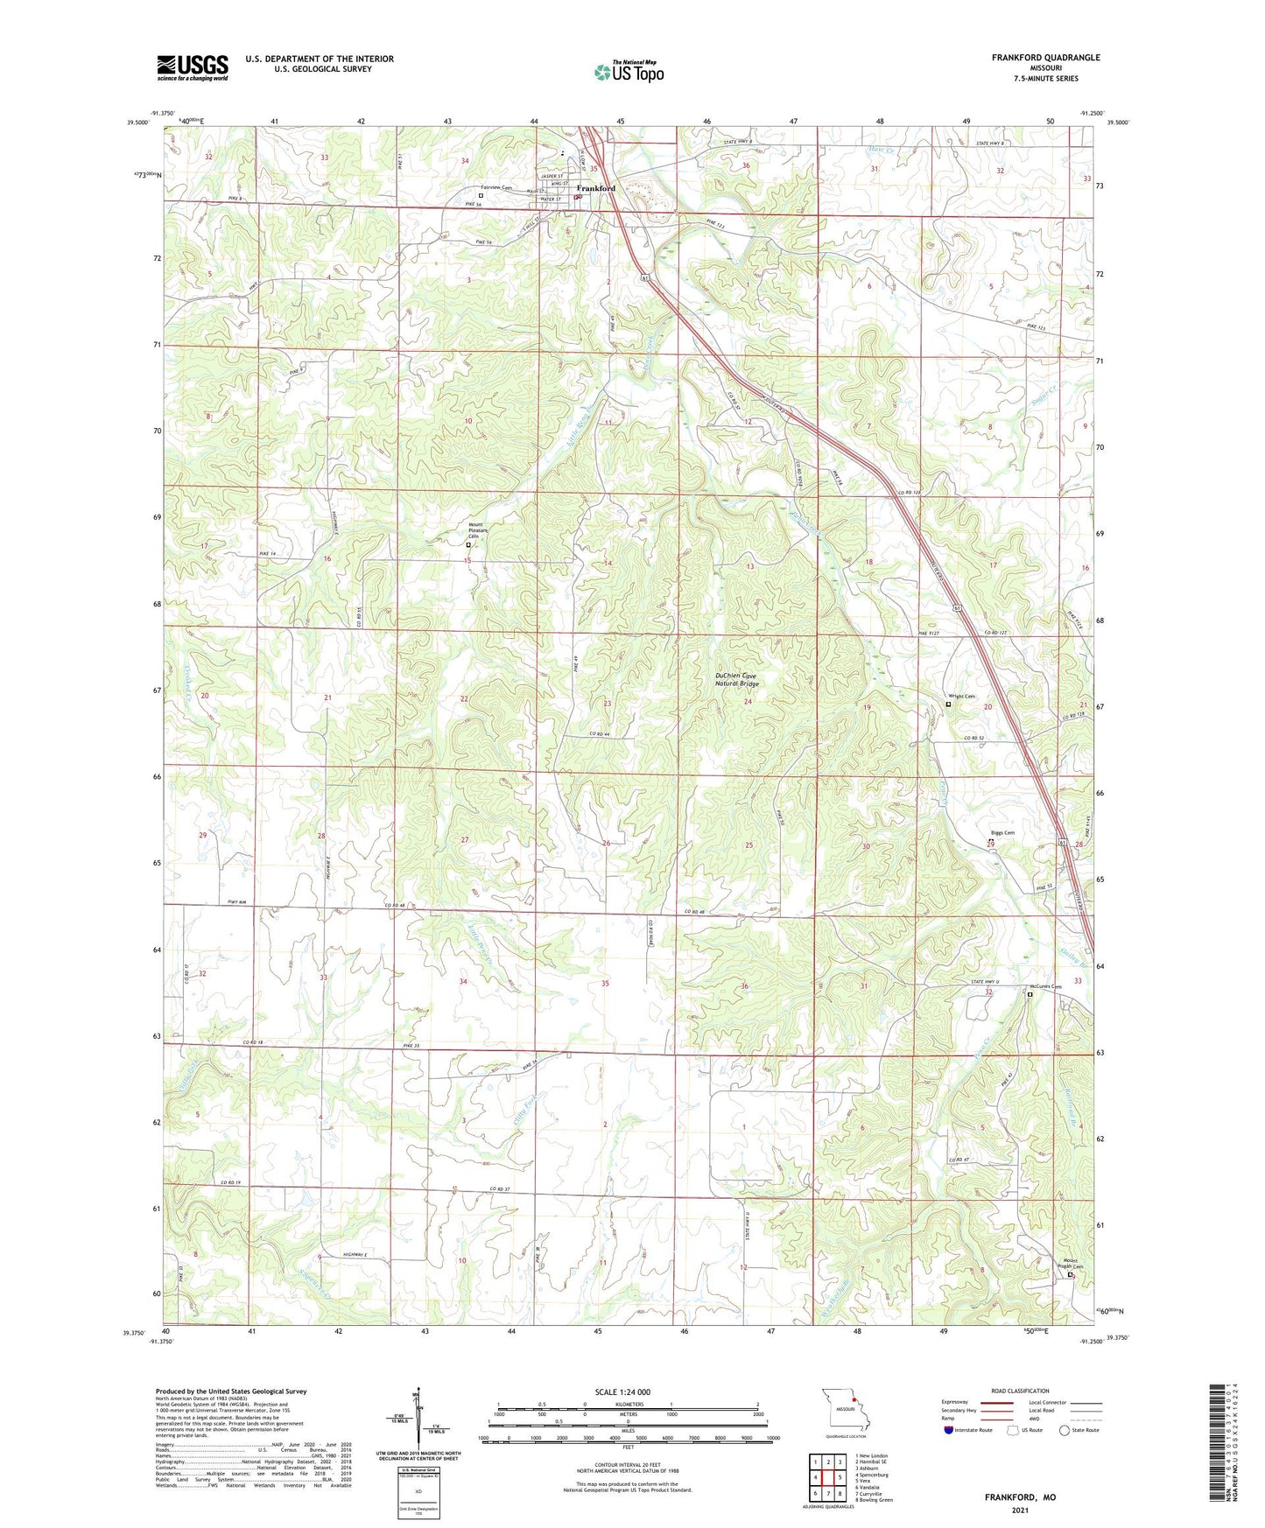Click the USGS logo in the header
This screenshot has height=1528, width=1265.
click(193, 67)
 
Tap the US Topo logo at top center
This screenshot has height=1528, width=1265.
click(628, 72)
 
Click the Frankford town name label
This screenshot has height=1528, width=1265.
click(595, 188)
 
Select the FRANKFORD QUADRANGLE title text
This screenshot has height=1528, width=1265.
click(1045, 58)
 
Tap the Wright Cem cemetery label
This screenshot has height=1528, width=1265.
click(962, 697)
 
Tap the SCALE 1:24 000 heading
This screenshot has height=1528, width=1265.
click(622, 1391)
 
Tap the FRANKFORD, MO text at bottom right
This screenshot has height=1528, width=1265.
click(1020, 1497)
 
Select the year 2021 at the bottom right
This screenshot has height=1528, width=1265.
click(1020, 1510)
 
